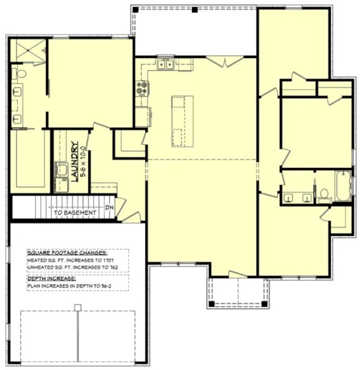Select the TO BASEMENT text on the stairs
(75, 213)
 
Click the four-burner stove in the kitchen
(142, 88)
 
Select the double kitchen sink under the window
(165, 65)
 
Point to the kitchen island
(182, 120)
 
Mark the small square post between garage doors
(78, 306)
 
